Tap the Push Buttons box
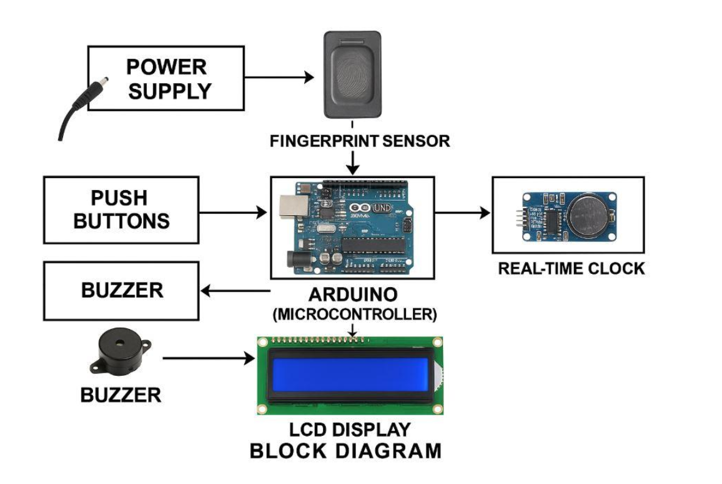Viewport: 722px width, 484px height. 121,209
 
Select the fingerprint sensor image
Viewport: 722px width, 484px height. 352,75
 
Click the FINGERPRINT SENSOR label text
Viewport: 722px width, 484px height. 359,141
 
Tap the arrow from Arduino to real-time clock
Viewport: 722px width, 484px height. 462,213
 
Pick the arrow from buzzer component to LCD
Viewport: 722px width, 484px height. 205,358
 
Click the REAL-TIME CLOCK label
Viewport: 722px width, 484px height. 571,269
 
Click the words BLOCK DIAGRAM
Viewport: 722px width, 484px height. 345,451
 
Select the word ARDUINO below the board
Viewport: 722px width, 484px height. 353,295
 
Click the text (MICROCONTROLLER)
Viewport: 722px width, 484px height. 354,314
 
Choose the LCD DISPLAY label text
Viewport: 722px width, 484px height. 350,430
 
